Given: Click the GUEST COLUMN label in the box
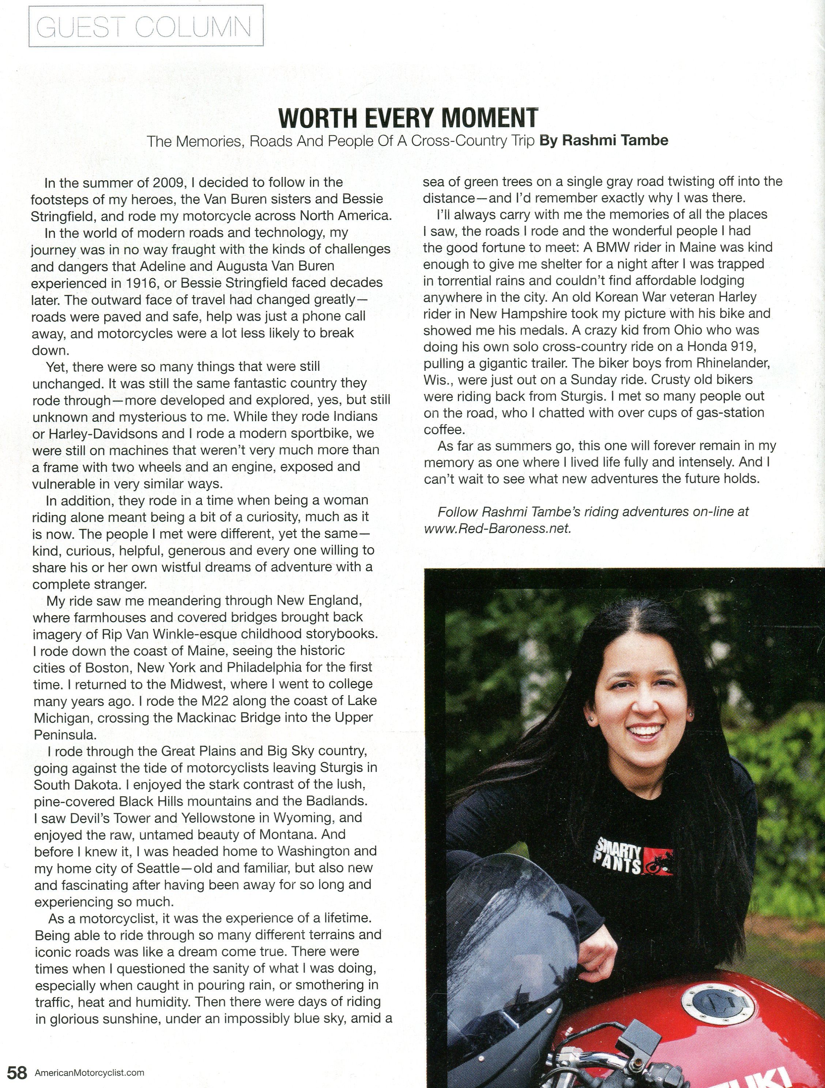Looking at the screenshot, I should [146, 27].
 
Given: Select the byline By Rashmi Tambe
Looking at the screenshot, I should [604, 141].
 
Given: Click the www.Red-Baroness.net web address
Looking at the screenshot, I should [497, 529].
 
